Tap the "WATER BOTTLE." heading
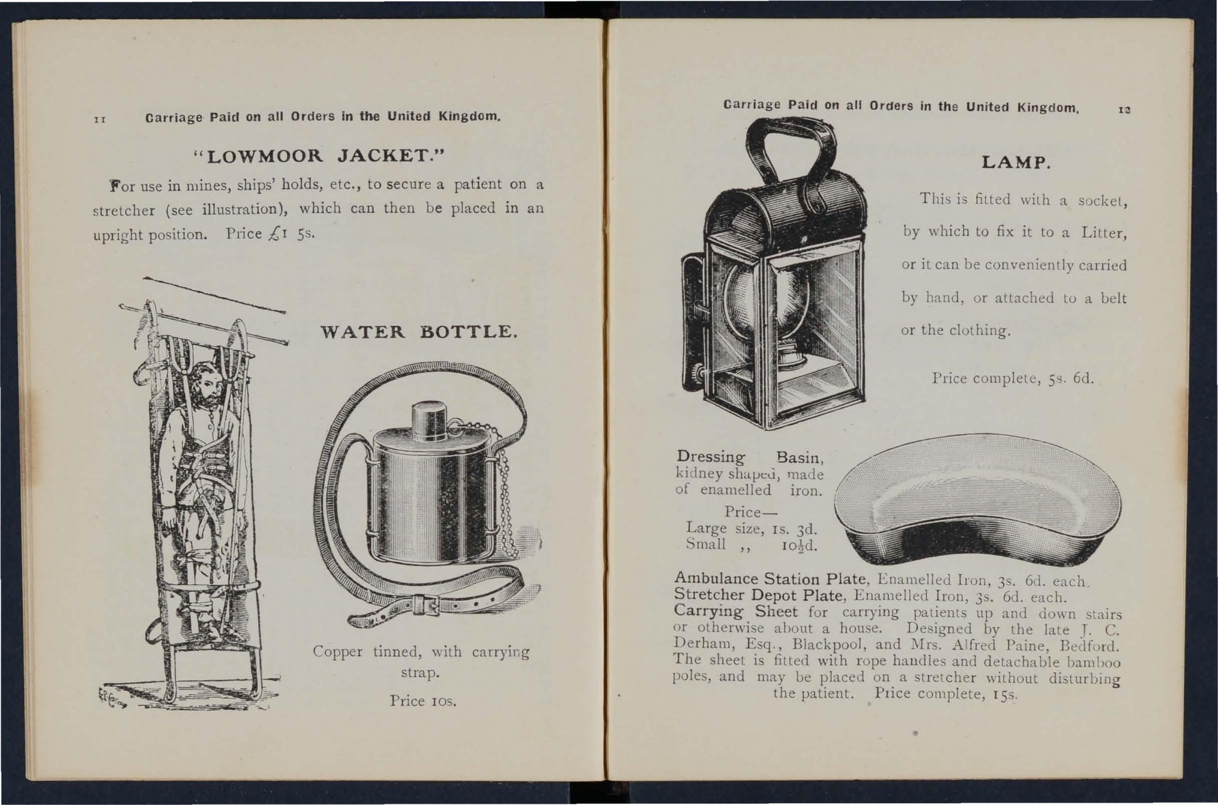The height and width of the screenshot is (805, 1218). [x=419, y=332]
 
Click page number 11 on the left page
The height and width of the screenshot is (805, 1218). [x=100, y=120]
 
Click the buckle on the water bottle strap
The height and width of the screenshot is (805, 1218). [x=426, y=606]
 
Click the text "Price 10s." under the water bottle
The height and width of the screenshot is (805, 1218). [x=423, y=701]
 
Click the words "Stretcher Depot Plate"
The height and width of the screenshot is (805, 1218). [x=758, y=595]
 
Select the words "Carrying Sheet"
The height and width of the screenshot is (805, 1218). [x=735, y=611]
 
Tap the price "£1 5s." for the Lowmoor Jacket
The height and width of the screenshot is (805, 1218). [x=291, y=234]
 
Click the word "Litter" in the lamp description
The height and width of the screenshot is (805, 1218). [x=1103, y=233]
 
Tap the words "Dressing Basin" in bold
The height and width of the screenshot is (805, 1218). [x=750, y=457]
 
